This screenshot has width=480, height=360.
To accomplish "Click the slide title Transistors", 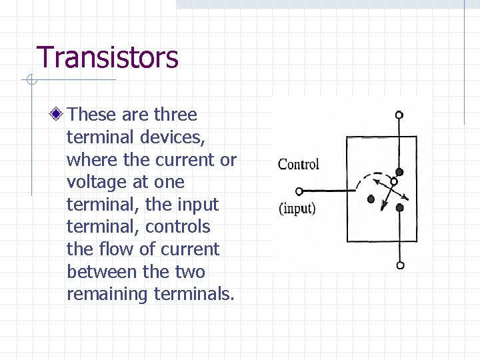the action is [x=107, y=57].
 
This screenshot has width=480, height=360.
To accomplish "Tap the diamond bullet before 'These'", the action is [x=58, y=115].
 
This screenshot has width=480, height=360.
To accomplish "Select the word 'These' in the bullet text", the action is [x=92, y=115].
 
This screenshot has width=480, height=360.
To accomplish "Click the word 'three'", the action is [x=175, y=115].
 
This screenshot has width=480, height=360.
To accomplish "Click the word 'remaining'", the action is [x=108, y=294].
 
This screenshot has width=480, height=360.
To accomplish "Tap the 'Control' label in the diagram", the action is [x=299, y=164].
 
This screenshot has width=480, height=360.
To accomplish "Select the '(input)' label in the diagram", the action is [x=297, y=208].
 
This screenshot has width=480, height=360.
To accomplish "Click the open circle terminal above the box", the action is [x=399, y=115].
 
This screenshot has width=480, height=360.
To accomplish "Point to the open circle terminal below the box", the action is [x=399, y=265].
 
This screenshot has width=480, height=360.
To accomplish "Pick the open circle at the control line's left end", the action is [x=299, y=191].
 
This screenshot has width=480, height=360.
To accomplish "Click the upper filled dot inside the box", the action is [x=399, y=172].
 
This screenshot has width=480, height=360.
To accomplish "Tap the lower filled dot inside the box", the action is [x=399, y=207].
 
